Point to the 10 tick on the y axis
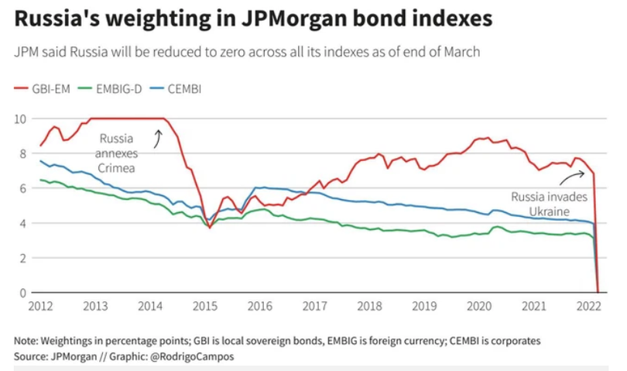tap(21, 119)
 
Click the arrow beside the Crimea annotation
tap(159, 138)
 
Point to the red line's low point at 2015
tap(209, 227)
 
